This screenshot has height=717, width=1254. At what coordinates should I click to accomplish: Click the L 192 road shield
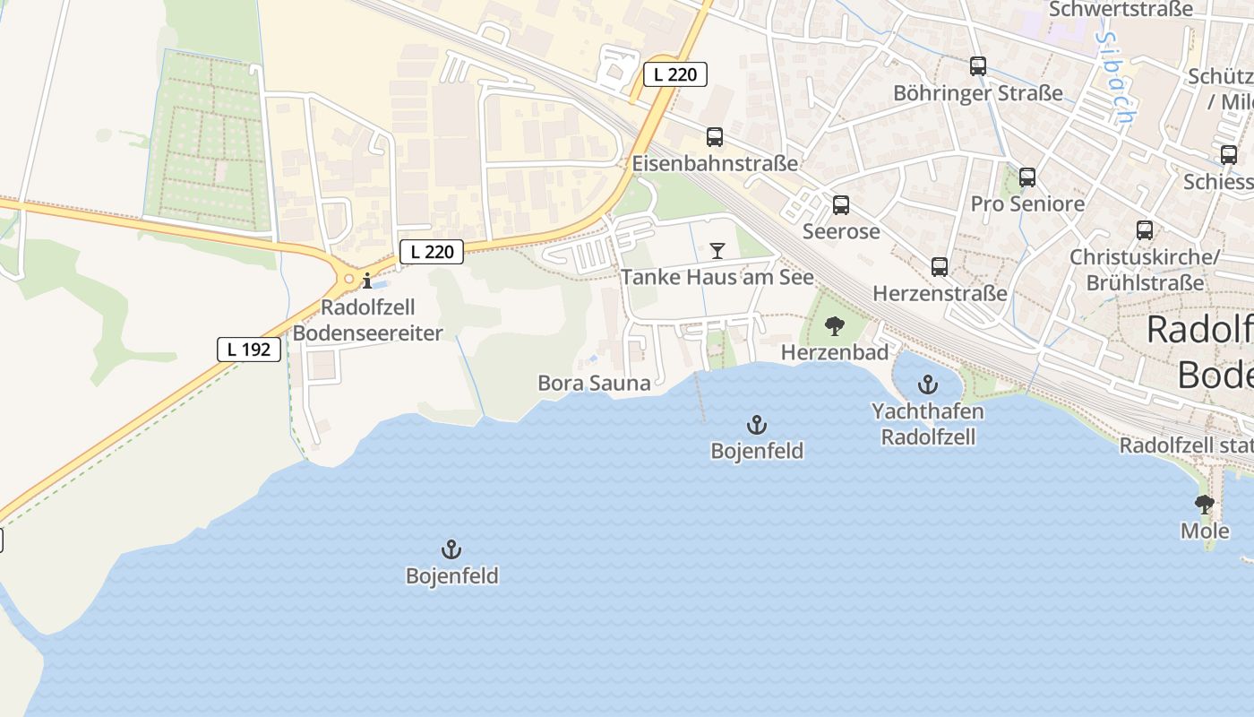(x=249, y=350)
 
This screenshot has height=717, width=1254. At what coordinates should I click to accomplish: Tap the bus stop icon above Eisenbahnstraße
(x=714, y=137)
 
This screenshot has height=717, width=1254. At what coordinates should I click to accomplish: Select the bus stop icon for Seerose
(x=840, y=205)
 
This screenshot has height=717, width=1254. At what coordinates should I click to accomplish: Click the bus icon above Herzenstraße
(x=939, y=266)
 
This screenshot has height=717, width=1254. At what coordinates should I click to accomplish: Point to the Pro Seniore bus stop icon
(x=1026, y=177)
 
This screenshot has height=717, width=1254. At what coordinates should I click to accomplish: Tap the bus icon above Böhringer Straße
(x=977, y=66)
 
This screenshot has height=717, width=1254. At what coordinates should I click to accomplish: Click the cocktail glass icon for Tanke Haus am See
(x=717, y=250)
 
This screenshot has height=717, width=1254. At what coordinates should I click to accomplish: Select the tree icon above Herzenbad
(x=834, y=326)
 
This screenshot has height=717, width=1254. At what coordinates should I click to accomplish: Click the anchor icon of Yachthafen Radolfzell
(x=928, y=386)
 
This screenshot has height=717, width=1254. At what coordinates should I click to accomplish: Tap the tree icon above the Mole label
(x=1205, y=505)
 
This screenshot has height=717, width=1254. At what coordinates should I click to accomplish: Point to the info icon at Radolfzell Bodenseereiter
(x=366, y=281)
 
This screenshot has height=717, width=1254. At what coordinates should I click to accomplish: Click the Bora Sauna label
(x=594, y=384)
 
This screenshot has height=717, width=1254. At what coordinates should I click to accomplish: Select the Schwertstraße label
(x=1120, y=9)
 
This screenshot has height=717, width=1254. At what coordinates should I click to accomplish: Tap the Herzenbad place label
(x=834, y=352)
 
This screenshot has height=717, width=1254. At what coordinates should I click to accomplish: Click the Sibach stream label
(x=1113, y=79)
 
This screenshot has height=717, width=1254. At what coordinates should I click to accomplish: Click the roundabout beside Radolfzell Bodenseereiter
(x=348, y=280)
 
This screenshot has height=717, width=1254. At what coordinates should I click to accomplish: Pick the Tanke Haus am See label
(x=717, y=277)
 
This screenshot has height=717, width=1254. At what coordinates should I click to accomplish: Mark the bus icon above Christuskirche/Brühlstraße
(x=1144, y=230)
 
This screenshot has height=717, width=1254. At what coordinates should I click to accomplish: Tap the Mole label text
(x=1205, y=531)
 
